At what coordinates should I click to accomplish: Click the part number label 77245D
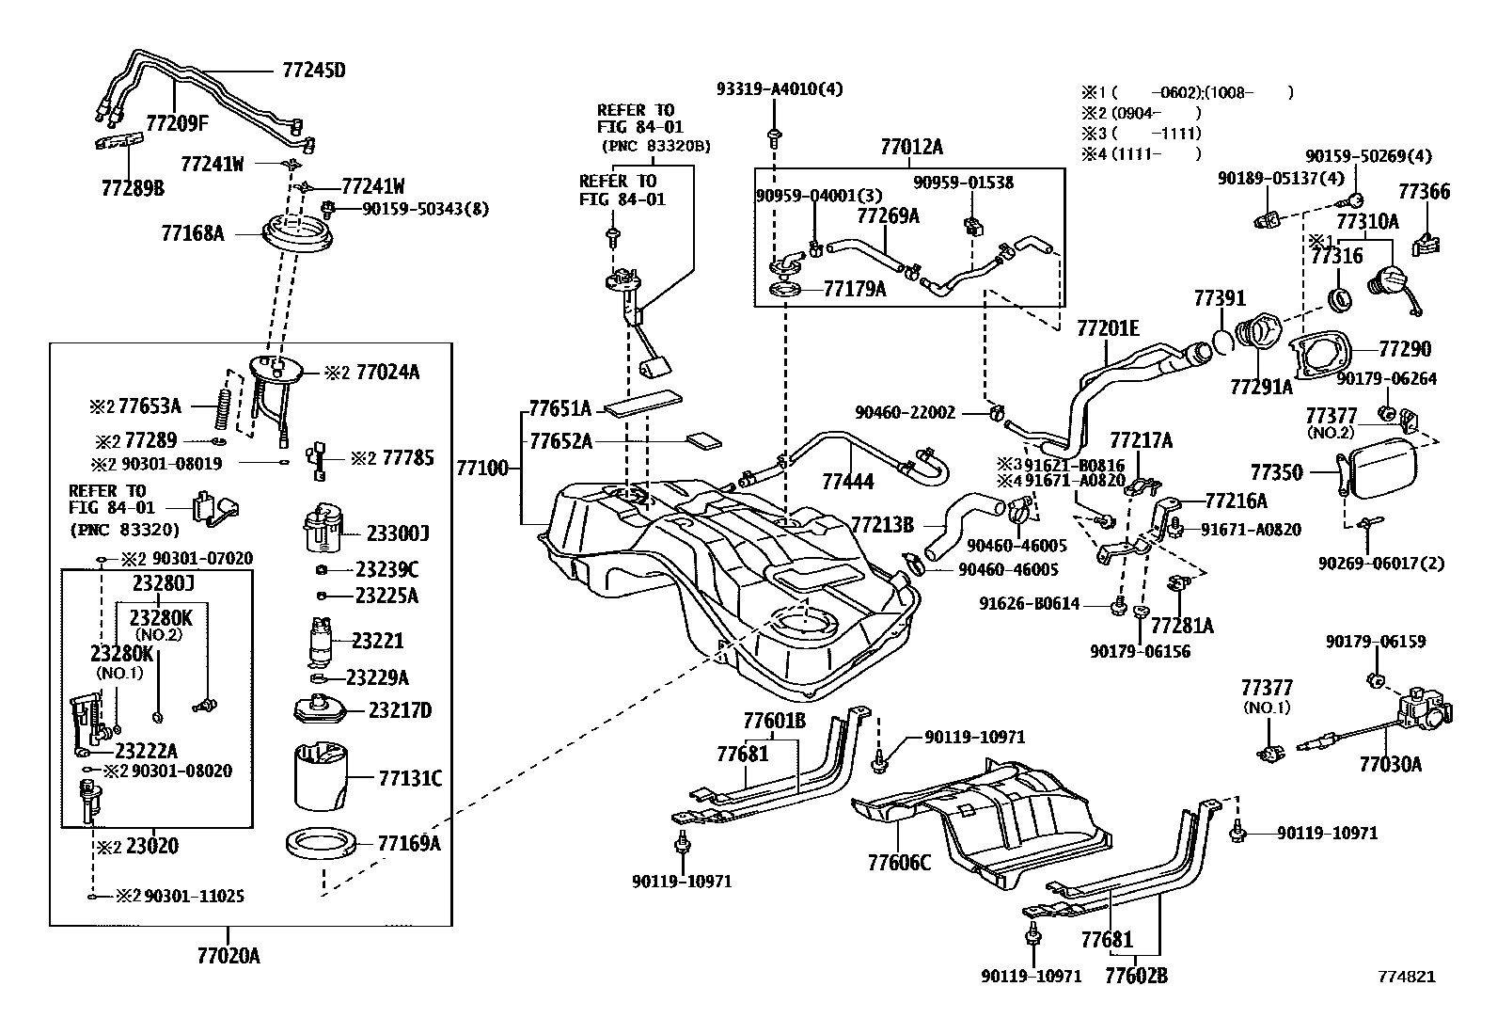(x=313, y=70)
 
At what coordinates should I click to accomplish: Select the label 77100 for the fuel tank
(x=481, y=468)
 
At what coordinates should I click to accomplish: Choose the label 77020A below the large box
(x=228, y=957)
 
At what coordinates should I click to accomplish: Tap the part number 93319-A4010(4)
(x=780, y=89)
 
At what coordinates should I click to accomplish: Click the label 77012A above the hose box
(x=911, y=147)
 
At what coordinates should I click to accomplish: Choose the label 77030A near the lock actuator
(x=1390, y=764)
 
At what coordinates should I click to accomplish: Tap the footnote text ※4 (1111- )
(x=1141, y=154)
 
